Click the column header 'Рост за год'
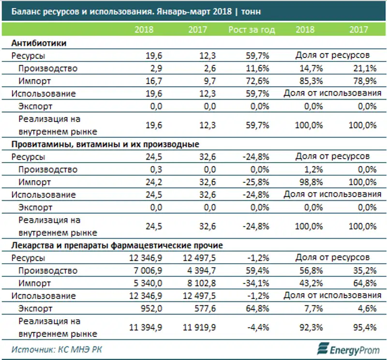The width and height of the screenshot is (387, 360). click(x=252, y=30)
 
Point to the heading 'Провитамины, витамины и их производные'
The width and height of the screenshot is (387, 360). click(x=105, y=144)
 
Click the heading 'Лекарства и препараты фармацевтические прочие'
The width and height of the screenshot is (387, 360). click(x=117, y=245)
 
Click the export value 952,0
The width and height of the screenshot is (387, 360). click(x=152, y=308)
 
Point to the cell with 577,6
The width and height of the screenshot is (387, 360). click(x=197, y=308)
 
